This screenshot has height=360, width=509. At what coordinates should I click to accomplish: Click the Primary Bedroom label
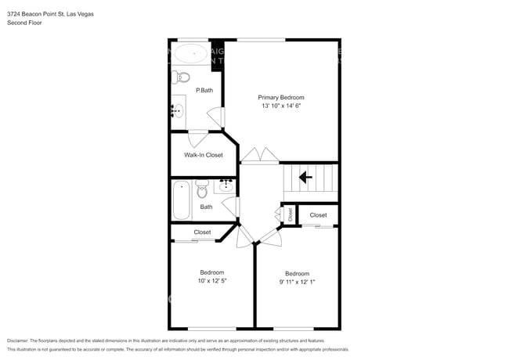(x=281, y=97)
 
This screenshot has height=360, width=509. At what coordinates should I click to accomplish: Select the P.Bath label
(x=204, y=90)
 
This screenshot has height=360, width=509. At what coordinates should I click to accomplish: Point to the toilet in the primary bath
(x=183, y=77)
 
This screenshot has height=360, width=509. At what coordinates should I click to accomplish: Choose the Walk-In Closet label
(x=203, y=155)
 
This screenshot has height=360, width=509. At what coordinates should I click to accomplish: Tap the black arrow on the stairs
(x=305, y=178)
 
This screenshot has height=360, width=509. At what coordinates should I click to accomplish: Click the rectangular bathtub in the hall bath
(x=181, y=200)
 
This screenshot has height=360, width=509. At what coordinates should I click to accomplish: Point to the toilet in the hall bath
(x=202, y=189)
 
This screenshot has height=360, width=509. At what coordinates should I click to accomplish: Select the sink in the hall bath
(x=226, y=185)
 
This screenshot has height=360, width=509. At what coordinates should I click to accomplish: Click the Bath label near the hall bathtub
(x=206, y=207)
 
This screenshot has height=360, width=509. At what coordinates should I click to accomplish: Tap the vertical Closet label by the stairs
(x=289, y=214)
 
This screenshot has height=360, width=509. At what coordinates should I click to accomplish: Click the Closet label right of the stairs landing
(x=318, y=214)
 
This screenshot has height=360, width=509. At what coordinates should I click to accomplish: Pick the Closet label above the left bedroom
(x=202, y=232)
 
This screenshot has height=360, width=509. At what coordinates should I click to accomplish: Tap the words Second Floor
(x=25, y=23)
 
